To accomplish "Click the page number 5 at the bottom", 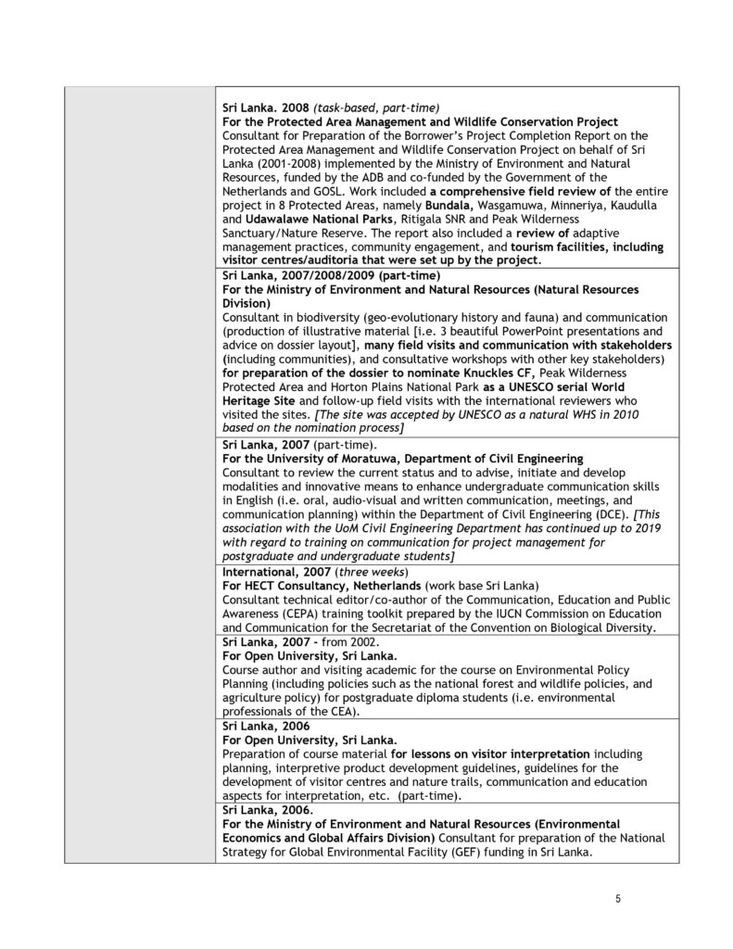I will click(x=617, y=897).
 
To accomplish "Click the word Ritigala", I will click(x=423, y=218).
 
